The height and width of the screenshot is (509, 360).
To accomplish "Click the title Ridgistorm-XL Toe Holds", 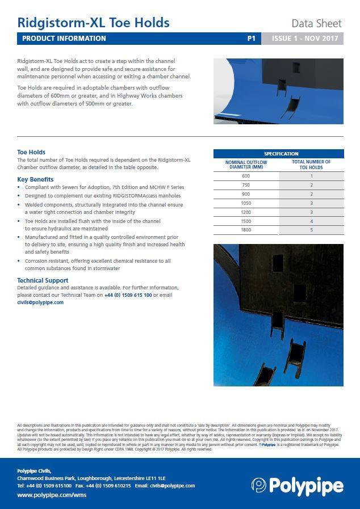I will point(93,23).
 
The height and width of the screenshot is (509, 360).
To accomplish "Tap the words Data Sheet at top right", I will point(316,23).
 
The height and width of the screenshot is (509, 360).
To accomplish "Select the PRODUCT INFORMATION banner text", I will point(64,39).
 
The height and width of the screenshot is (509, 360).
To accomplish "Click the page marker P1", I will point(252,39).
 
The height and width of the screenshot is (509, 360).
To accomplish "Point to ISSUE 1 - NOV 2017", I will point(305,39).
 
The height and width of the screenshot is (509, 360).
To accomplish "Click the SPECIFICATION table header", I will point(278,154).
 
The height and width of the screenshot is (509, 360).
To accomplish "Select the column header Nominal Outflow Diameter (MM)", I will point(246,165).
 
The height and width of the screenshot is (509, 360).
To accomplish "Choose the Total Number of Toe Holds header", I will point(311,165).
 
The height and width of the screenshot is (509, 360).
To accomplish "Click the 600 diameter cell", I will point(246,176).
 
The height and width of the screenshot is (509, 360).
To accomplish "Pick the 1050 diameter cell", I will point(246,203).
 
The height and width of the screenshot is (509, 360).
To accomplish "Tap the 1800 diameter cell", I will point(246,230).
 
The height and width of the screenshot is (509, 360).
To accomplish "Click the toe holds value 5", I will point(311,230).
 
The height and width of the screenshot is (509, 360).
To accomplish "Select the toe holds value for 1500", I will point(311,221).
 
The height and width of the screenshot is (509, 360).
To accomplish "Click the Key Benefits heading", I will point(35,179).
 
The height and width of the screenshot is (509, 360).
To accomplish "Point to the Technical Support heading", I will point(43,280).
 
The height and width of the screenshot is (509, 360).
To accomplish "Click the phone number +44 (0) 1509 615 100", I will point(128,295).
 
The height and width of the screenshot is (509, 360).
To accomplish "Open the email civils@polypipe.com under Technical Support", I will point(40,302).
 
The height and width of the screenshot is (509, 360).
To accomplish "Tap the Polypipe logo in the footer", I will point(297,486).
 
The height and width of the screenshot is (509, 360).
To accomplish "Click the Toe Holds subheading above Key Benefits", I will point(31,152).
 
